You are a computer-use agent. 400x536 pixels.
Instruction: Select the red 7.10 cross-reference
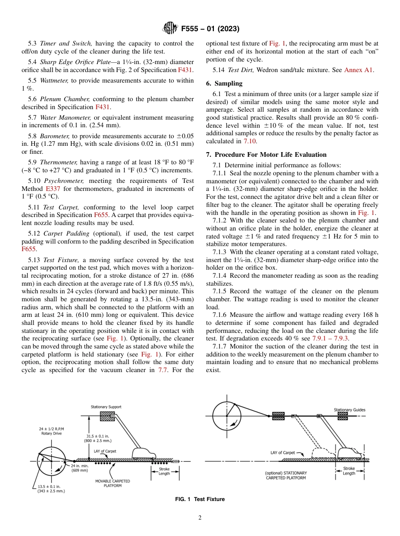(248, 141)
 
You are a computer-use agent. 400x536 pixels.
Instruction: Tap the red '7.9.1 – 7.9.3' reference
(331, 338)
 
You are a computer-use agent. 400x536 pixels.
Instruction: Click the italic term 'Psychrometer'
(61, 181)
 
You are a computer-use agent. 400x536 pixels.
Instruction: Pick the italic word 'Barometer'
(55, 136)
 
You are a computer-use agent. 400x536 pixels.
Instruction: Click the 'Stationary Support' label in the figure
(106, 407)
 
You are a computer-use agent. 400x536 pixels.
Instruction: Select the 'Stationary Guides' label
(349, 410)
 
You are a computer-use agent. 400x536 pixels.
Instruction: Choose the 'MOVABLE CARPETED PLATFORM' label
(112, 483)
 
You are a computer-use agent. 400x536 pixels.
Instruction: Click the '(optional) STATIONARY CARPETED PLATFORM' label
(286, 475)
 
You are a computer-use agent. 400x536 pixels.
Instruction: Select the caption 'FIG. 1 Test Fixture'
(200, 499)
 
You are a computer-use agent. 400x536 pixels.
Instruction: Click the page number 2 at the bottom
(200, 518)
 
